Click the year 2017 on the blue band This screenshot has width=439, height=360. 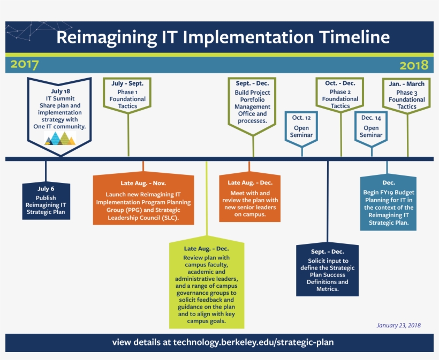pos(25,65)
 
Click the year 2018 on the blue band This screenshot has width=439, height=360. pos(414,65)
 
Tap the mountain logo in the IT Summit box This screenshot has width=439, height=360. pos(60,139)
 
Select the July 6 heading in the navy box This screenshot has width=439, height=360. pos(46,188)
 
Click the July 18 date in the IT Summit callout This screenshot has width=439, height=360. pos(59,91)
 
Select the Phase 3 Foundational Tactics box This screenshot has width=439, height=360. pos(407,95)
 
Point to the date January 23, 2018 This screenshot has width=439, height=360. pos(398,325)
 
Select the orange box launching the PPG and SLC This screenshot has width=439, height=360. pos(143,199)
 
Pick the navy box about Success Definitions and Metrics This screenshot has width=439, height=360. pos(327,270)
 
